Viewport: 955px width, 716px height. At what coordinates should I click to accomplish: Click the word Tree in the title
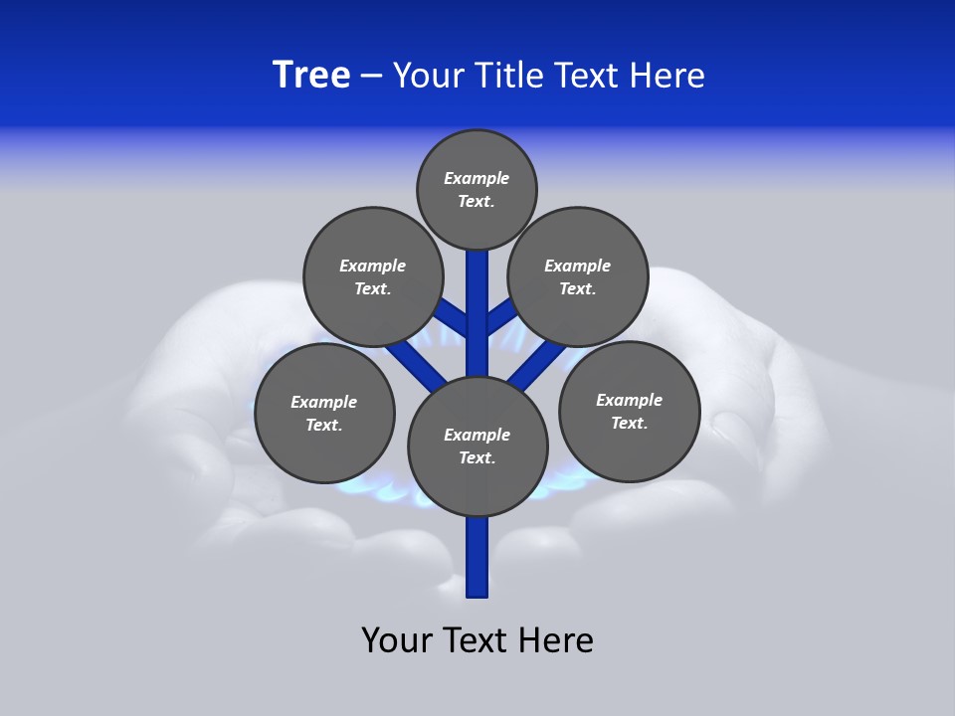tap(311, 76)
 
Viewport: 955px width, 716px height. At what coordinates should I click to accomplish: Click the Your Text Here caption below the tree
tap(477, 640)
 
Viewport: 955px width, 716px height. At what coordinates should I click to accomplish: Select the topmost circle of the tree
tap(477, 189)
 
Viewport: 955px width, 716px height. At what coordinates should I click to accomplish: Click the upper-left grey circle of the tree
tap(373, 276)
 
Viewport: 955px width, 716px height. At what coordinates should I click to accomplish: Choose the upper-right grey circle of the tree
tap(578, 276)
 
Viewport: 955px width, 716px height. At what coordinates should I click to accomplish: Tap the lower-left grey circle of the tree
tap(324, 413)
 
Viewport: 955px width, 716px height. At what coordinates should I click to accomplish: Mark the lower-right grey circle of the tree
tap(629, 411)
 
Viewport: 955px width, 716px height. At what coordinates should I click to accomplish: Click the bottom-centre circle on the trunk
tap(477, 447)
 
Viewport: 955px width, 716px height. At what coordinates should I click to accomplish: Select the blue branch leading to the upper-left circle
tap(453, 316)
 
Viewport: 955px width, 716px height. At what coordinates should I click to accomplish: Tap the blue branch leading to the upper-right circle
tap(500, 316)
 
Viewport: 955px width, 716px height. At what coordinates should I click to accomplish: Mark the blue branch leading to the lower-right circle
tap(537, 365)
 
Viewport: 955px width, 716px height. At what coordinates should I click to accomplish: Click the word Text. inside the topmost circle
tap(477, 201)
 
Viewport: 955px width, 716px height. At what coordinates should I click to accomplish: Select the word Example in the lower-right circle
tap(629, 400)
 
